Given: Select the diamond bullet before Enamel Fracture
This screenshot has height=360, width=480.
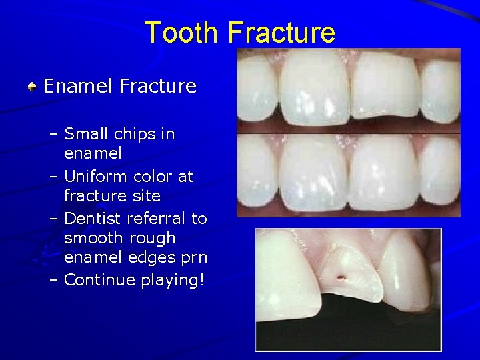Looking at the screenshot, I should coord(31,87).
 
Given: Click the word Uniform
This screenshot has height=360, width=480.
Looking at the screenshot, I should coord(96,177).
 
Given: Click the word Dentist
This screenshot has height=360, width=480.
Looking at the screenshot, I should coord(93,219).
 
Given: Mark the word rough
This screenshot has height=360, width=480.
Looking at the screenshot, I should coord(153,238).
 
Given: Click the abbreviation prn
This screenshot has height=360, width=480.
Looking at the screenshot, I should coord(194,257).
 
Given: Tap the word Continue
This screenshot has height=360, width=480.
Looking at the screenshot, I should coord(99,280).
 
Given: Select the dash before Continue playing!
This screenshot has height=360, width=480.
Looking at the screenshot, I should coord(54,280).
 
